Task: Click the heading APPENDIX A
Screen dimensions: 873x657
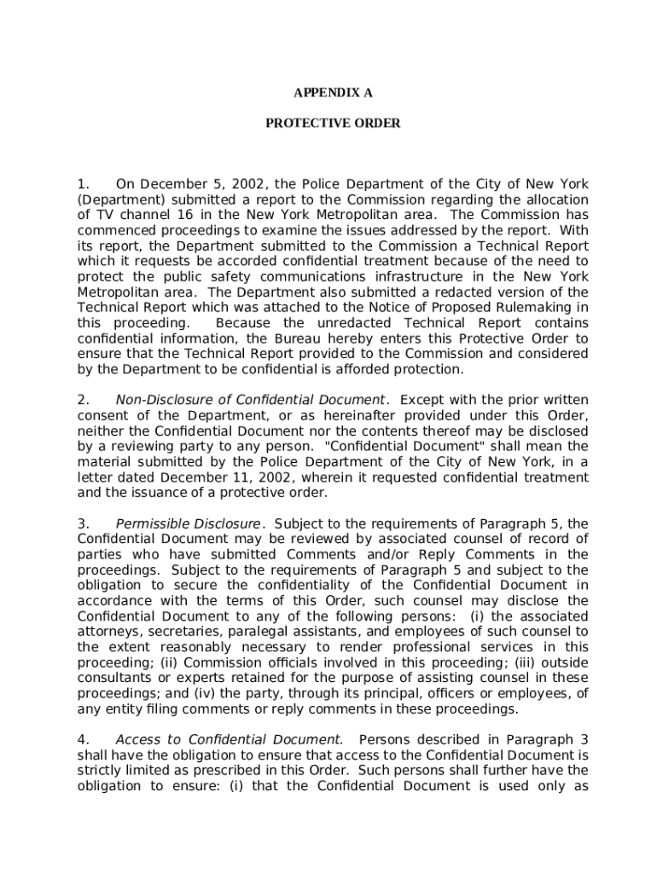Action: (333, 93)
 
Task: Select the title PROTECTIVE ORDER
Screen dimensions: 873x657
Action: (333, 124)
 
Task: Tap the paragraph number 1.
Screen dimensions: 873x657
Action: (83, 184)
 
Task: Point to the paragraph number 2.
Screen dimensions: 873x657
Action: (83, 400)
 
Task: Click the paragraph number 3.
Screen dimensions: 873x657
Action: (83, 523)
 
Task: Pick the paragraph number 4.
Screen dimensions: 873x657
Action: (83, 739)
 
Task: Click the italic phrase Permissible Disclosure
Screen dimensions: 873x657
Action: (188, 523)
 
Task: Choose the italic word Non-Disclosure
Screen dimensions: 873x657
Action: (157, 400)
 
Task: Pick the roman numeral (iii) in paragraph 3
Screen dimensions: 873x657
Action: (531, 662)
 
